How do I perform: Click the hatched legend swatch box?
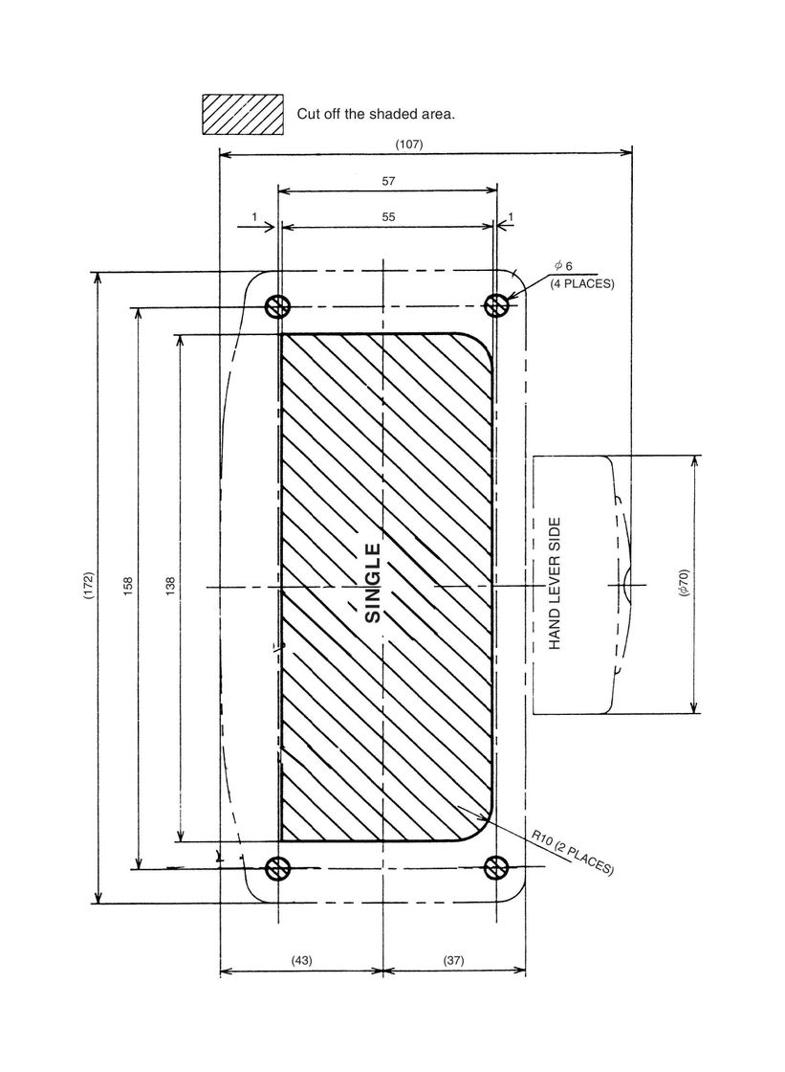point(242,114)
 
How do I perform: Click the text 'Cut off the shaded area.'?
point(375,114)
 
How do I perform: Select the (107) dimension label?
point(409,144)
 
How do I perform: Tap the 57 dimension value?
point(388,180)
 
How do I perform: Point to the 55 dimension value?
point(388,217)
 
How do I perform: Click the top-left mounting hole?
point(278,305)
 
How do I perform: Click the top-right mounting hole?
point(495,305)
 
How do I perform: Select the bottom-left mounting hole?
point(278,868)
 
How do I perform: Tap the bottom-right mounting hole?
point(495,868)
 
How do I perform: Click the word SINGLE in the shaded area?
point(374,583)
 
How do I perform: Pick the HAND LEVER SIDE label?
point(555,584)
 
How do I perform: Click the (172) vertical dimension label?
point(88,587)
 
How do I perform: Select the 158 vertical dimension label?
point(129,587)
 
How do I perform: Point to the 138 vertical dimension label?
point(170,587)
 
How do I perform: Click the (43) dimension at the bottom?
point(302,959)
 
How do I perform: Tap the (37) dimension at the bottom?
point(454,959)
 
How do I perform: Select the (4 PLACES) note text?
point(581,284)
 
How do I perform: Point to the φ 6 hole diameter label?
point(562,265)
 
